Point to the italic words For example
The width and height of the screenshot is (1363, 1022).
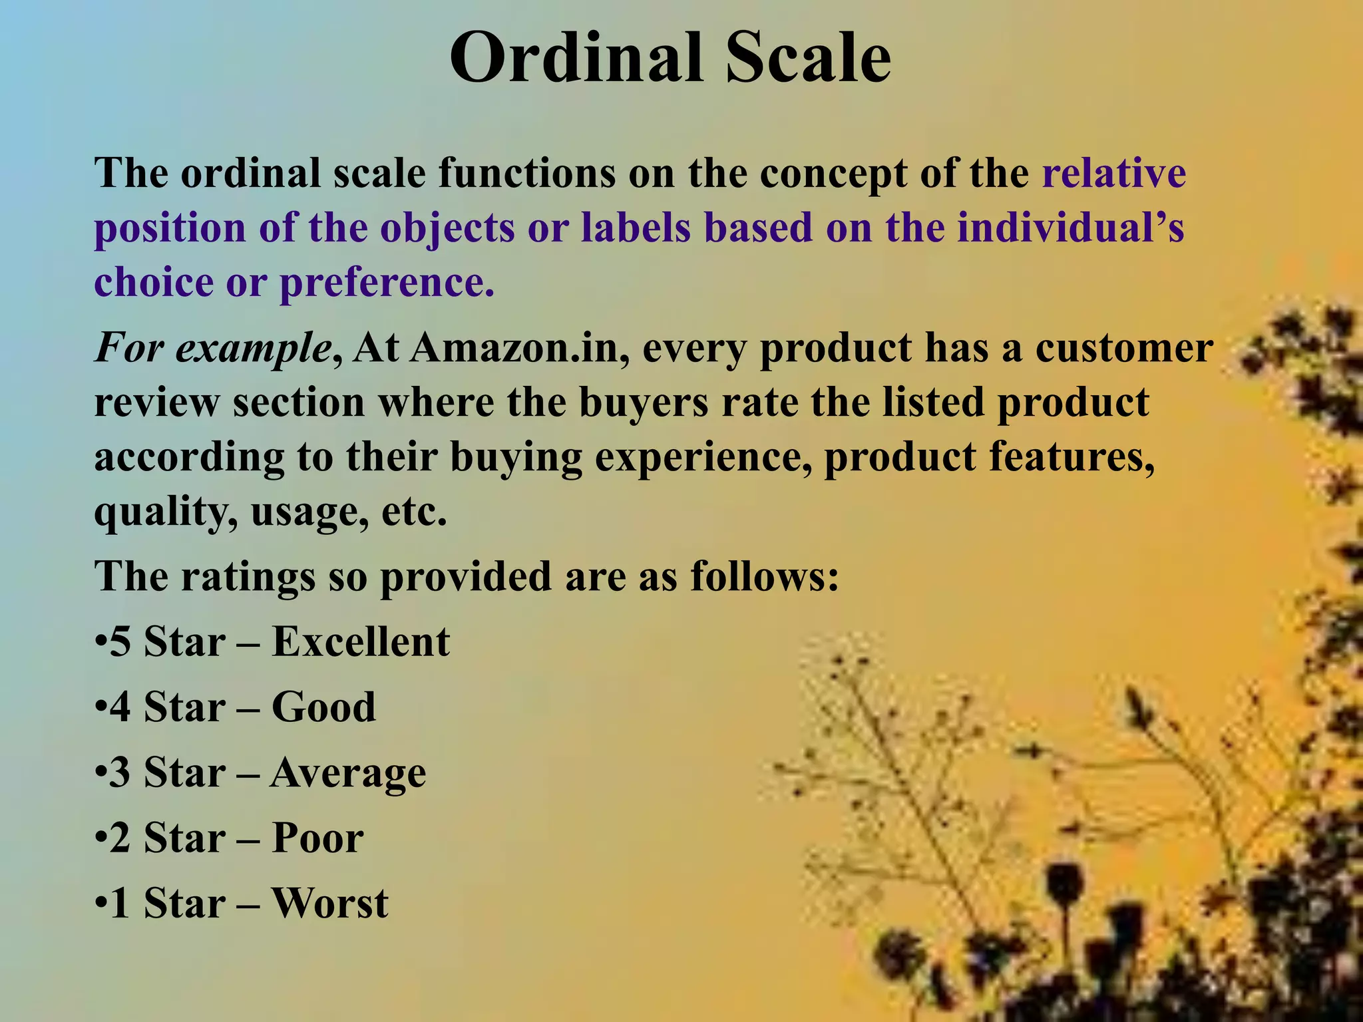pyautogui.click(x=213, y=349)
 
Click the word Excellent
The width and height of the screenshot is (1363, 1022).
pyautogui.click(x=361, y=642)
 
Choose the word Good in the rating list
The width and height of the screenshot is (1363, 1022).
pyautogui.click(x=324, y=707)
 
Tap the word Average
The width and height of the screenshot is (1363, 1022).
pyautogui.click(x=348, y=774)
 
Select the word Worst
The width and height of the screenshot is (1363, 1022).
pyautogui.click(x=330, y=904)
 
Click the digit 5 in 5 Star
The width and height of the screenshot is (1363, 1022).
pyautogui.click(x=120, y=643)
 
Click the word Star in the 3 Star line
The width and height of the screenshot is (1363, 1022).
pyautogui.click(x=184, y=773)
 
